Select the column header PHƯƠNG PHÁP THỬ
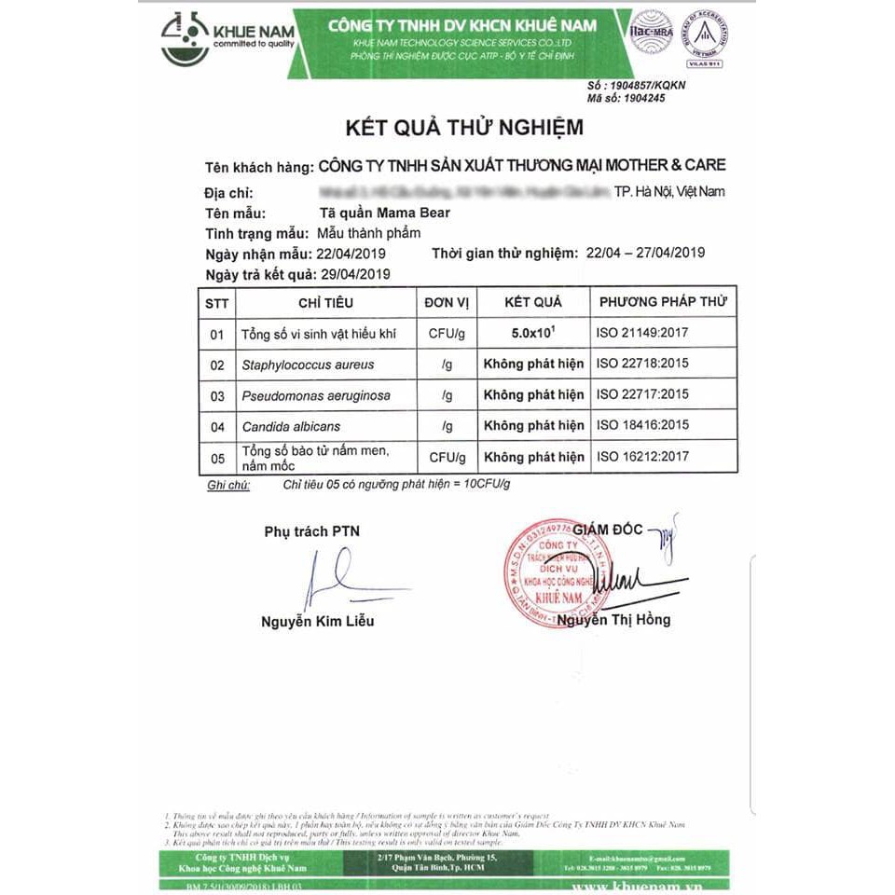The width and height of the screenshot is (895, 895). [x=663, y=302]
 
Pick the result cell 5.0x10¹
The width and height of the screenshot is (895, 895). [x=533, y=332]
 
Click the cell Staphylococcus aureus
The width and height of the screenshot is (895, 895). [x=302, y=365]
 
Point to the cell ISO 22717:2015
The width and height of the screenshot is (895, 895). [x=642, y=394]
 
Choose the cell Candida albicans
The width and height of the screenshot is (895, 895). [x=291, y=426]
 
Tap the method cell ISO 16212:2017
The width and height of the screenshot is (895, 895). [x=642, y=457]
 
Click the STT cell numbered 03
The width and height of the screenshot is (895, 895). [x=217, y=396]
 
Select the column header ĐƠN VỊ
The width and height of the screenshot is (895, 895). [x=447, y=302]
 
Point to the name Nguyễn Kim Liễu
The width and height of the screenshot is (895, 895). [x=317, y=621]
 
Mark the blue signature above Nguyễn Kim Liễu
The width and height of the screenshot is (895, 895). [x=329, y=578]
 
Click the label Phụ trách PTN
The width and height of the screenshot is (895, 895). [x=311, y=531]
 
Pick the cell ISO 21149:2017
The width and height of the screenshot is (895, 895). [x=642, y=333]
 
